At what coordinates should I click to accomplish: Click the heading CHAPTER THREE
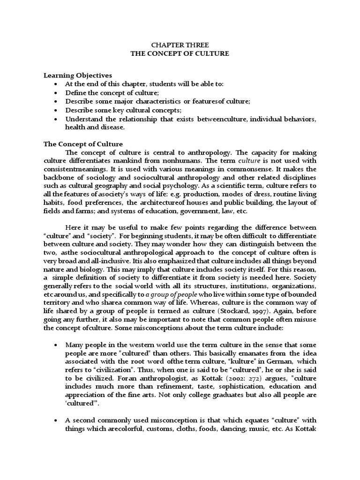tap(180, 45)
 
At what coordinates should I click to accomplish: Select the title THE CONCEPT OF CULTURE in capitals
tap(180, 53)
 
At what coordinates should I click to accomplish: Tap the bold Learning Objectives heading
tap(77, 75)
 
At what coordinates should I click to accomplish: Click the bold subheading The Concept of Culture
tap(83, 144)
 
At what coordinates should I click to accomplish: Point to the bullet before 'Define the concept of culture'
tap(56, 93)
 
